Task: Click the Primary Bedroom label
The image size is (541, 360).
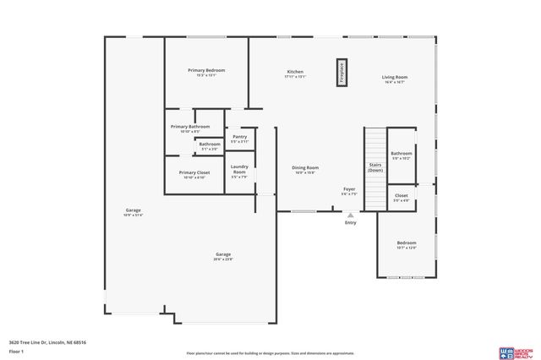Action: point(206,70)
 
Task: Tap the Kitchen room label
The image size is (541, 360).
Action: point(294,72)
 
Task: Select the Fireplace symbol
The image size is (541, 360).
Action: point(342,72)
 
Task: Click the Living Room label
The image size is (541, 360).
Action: point(395,78)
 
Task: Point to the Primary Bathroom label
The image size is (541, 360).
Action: point(190,127)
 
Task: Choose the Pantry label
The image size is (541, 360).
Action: point(239,136)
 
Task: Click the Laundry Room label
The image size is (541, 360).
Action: point(239,168)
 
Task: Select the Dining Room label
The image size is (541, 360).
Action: point(305,168)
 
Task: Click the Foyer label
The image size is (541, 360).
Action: point(349,188)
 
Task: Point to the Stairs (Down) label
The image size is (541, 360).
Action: point(375,167)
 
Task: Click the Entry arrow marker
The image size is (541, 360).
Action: point(350,214)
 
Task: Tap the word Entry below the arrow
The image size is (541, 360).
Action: point(350,222)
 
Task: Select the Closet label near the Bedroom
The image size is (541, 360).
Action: point(402,195)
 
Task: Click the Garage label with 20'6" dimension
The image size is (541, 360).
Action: point(223,254)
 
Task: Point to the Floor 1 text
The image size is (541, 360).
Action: point(14,349)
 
